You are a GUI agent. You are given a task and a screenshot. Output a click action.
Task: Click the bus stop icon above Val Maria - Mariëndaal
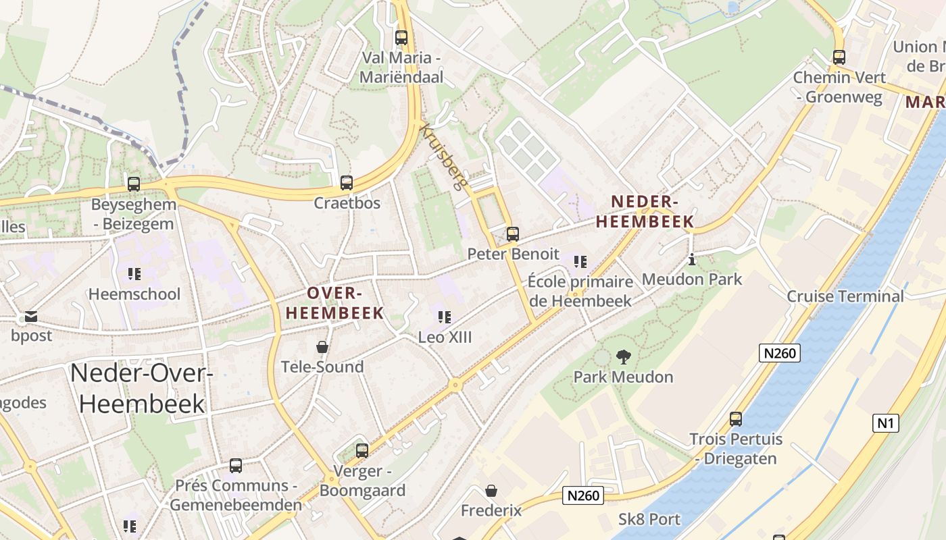(x=401, y=38)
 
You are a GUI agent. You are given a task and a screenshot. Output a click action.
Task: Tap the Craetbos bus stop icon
(x=347, y=182)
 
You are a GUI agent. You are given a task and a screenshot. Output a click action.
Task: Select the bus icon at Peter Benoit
(x=513, y=234)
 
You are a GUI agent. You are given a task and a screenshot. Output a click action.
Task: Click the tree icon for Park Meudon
(x=623, y=356)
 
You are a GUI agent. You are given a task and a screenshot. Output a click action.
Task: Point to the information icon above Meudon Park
(x=691, y=259)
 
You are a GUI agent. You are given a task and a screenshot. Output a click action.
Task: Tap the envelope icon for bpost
(x=31, y=316)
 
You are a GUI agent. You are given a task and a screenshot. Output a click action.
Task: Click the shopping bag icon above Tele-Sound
(x=322, y=347)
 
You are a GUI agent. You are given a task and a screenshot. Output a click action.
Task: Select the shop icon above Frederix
(x=491, y=491)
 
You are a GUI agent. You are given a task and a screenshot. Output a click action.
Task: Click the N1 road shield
(x=885, y=423)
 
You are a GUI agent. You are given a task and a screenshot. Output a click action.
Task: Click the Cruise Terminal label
(x=845, y=296)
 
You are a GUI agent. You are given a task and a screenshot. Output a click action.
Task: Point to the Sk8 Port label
(x=649, y=520)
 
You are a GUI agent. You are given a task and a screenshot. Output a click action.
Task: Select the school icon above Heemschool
(x=134, y=274)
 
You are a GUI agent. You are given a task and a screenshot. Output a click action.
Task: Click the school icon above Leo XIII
(x=444, y=317)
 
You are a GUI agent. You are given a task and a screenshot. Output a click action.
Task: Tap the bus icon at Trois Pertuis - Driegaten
(x=736, y=418)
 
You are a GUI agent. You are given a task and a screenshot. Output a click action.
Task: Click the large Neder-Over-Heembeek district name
(x=142, y=388)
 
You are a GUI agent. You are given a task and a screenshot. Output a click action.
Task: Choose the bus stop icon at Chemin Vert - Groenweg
(x=839, y=57)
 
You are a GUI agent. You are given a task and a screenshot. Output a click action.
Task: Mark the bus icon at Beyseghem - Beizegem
(x=134, y=184)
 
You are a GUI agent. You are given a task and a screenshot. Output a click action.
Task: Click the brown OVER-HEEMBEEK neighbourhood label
(x=335, y=303)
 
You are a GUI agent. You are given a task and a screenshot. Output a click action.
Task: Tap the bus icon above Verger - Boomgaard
(x=362, y=450)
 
